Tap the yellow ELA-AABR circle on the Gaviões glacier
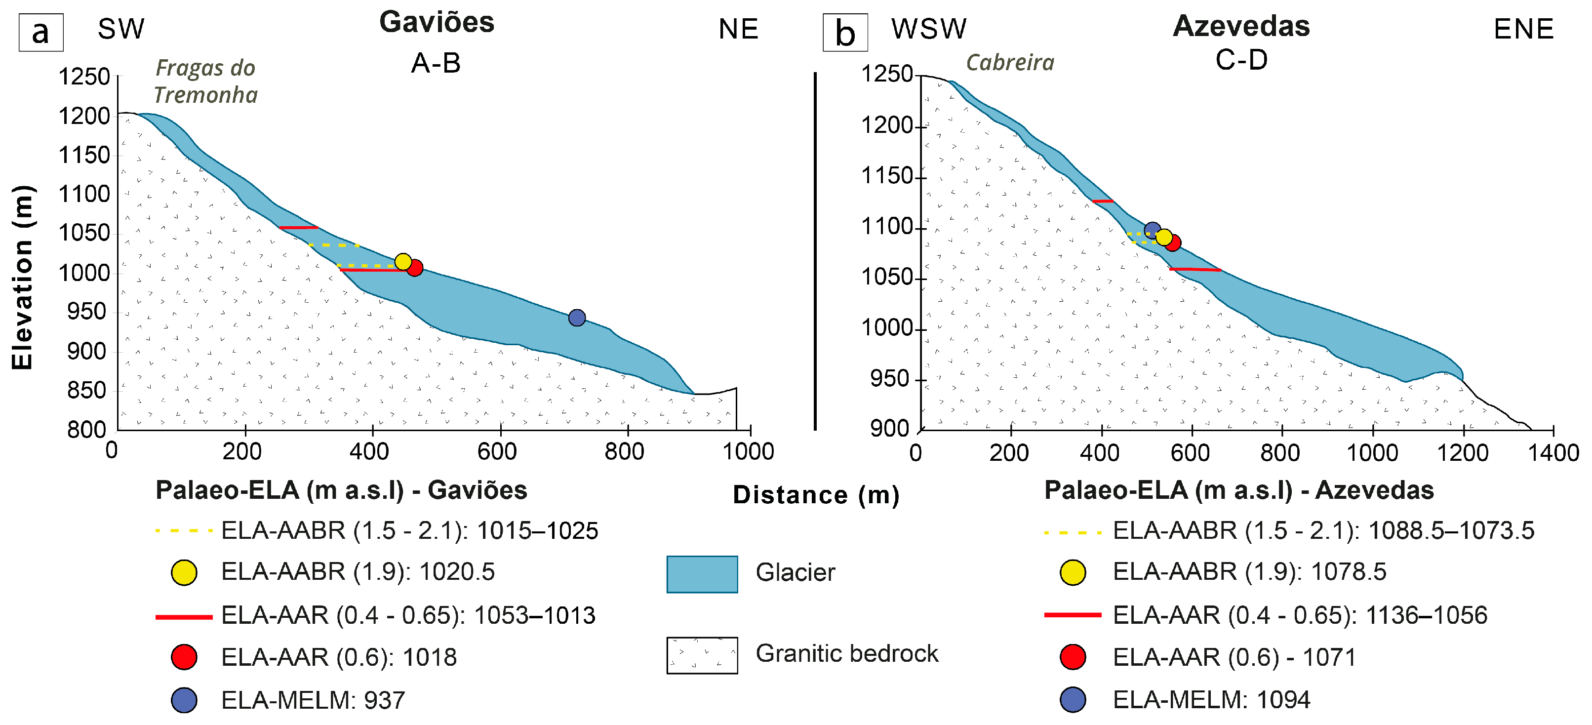click(x=402, y=261)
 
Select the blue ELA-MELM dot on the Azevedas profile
click(x=1152, y=230)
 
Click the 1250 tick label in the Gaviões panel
click(x=84, y=77)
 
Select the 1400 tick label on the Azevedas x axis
click(x=1552, y=453)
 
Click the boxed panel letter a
click(x=41, y=32)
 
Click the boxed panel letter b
click(x=845, y=32)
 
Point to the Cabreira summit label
click(x=1010, y=62)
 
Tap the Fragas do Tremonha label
click(x=205, y=81)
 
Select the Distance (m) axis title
click(x=816, y=495)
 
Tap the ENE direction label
click(x=1523, y=29)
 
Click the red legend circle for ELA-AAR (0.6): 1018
click(x=184, y=656)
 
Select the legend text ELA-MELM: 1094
click(x=1211, y=700)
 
